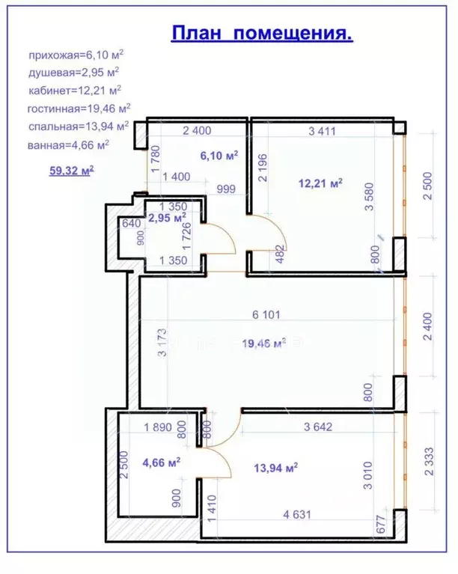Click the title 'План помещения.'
pyautogui.click(x=262, y=34)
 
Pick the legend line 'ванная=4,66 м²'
pyautogui.click(x=70, y=144)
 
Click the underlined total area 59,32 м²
pyautogui.click(x=71, y=171)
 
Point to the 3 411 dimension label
pyautogui.click(x=322, y=131)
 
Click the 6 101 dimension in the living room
pyautogui.click(x=266, y=315)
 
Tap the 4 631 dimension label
pyautogui.click(x=299, y=514)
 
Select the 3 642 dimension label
pyautogui.click(x=318, y=427)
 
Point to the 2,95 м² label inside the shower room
pyautogui.click(x=167, y=219)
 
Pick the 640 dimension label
pyautogui.click(x=131, y=222)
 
